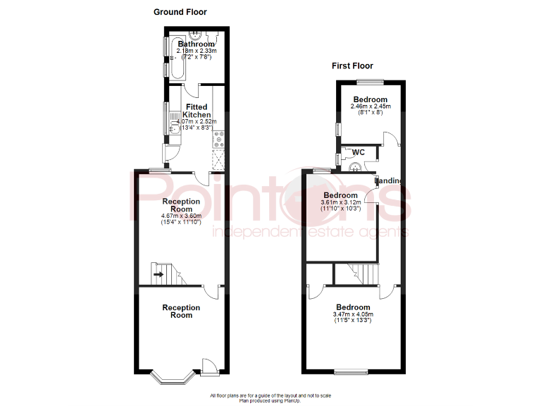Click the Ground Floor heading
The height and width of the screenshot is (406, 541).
click(180, 12)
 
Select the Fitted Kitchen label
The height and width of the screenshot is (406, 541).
click(197, 111)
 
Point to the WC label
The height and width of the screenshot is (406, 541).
click(358, 152)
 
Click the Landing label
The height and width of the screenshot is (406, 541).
click(390, 181)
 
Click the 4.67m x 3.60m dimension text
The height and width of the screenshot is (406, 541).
click(181, 216)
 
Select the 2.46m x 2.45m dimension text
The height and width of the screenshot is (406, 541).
click(370, 106)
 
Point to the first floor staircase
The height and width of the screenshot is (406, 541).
click(356, 273)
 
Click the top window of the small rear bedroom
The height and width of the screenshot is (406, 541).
click(374, 82)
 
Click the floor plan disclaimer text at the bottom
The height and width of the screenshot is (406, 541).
click(270, 398)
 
